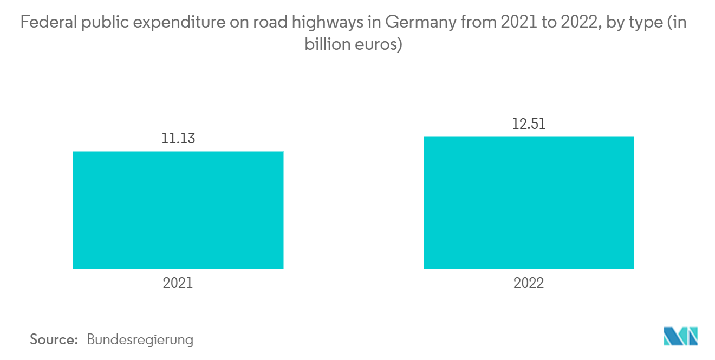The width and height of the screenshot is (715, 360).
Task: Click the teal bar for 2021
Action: pos(178,210)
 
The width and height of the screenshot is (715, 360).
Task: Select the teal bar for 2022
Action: pos(529,202)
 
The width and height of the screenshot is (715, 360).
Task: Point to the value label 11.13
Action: pos(178,139)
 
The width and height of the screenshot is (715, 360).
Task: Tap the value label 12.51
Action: pos(529,124)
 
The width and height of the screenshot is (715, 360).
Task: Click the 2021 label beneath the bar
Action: pos(178,283)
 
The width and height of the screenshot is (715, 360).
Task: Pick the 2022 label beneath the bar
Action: pos(529,283)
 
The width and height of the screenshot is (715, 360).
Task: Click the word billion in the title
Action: pos(325,44)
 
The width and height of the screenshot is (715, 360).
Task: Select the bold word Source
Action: pos(54,340)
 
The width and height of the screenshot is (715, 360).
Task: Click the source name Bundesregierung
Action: pos(140,340)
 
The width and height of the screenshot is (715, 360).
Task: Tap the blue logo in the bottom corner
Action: pos(680,336)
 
